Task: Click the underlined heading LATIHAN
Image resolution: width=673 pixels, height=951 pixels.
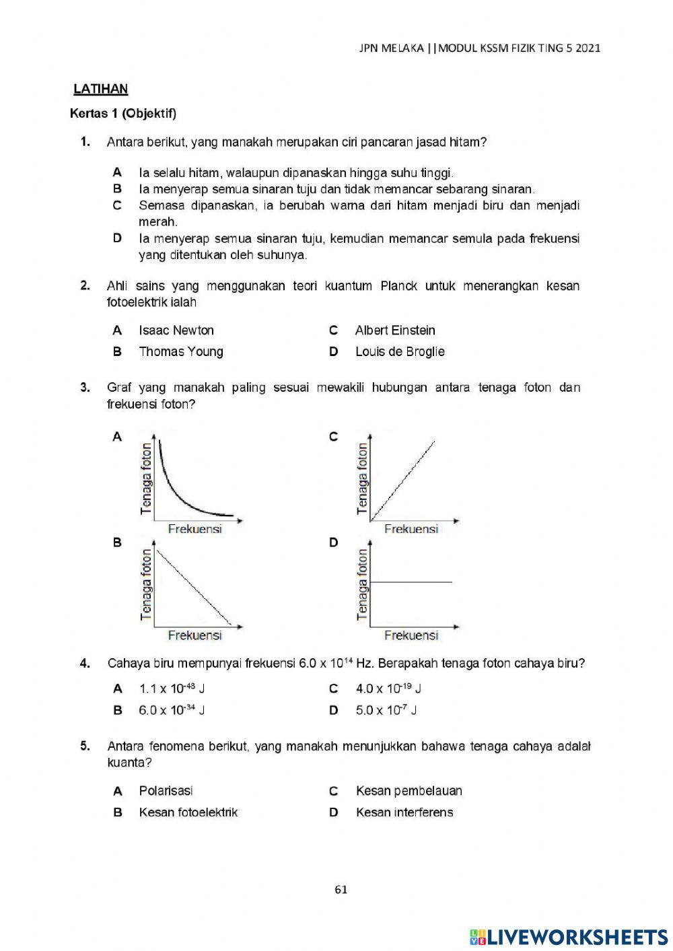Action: (x=100, y=89)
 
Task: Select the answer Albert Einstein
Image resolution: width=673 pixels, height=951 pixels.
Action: (x=394, y=330)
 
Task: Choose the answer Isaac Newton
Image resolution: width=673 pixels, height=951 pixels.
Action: (x=176, y=330)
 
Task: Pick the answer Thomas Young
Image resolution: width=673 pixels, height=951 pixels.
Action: (x=180, y=351)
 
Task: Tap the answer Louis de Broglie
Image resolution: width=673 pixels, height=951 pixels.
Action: (x=400, y=351)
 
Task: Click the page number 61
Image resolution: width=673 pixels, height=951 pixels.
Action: (x=341, y=890)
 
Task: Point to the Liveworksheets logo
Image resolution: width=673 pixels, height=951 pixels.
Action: (x=569, y=936)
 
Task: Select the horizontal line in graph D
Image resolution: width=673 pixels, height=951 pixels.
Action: (x=411, y=582)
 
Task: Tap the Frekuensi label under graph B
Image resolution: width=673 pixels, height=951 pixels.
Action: (x=194, y=635)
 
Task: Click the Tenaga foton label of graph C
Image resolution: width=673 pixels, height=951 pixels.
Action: (x=363, y=478)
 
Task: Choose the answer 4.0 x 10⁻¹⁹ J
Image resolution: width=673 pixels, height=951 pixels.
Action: (x=388, y=689)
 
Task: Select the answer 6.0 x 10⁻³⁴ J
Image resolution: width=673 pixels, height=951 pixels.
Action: (x=172, y=710)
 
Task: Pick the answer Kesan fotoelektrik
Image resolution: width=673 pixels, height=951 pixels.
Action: (x=188, y=812)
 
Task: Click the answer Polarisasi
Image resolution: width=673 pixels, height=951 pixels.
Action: (x=166, y=791)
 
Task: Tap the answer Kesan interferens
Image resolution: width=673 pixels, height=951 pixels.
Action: (x=404, y=812)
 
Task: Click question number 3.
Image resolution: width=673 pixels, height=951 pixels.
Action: (x=85, y=388)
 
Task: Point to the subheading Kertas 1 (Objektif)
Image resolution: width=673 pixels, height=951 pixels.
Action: (x=123, y=114)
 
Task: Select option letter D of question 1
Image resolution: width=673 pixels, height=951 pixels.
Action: (x=117, y=238)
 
